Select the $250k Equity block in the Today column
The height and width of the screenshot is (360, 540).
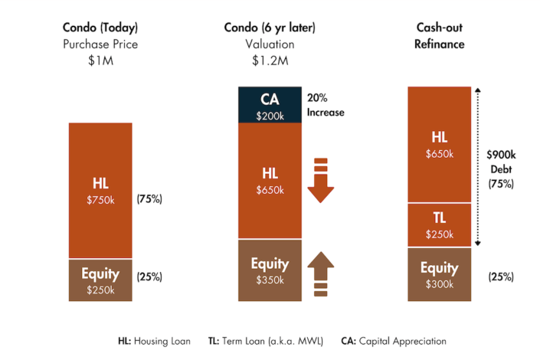(100, 280)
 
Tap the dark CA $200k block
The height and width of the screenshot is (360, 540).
(269, 105)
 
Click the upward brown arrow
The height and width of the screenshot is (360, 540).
(320, 270)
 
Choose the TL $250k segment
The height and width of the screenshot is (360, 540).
(439, 224)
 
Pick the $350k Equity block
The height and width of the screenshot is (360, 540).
(269, 270)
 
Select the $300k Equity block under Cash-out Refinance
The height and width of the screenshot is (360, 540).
(439, 274)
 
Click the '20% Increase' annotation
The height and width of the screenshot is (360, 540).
(326, 105)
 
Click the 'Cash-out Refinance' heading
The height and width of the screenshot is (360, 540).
(439, 35)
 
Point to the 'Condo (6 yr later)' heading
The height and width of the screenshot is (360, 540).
(270, 28)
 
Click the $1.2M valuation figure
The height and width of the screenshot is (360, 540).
(270, 61)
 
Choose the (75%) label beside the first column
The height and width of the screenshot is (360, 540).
(149, 199)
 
